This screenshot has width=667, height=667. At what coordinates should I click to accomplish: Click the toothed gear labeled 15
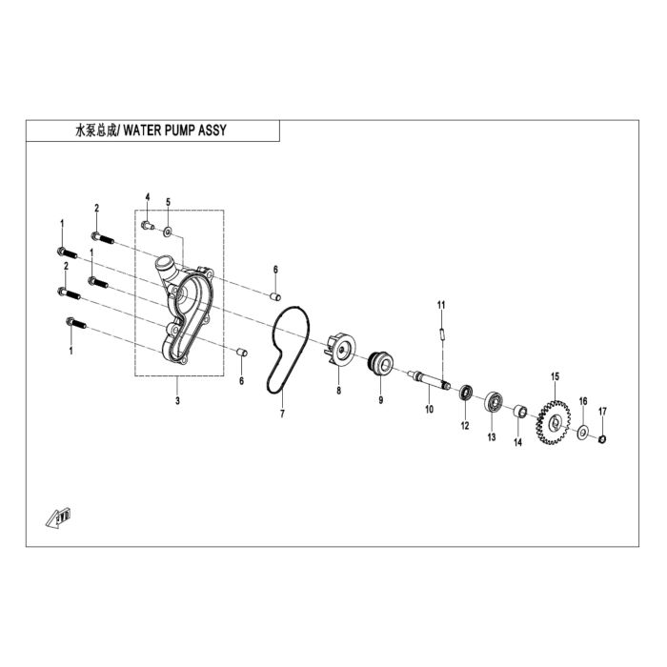(554, 422)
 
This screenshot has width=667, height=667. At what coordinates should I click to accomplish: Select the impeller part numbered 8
(341, 350)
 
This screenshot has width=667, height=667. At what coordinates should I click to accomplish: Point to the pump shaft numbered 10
(429, 379)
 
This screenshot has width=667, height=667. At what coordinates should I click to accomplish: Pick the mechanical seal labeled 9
(380, 364)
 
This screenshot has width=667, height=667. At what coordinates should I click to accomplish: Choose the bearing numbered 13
(493, 401)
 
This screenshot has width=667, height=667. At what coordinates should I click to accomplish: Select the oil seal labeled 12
(466, 393)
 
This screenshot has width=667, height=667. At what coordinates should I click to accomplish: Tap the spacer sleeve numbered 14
(520, 412)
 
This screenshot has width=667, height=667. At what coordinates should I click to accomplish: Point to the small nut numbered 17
(601, 438)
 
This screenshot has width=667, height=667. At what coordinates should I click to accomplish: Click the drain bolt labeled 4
(147, 225)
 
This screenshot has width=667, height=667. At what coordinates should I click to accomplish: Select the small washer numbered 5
(168, 232)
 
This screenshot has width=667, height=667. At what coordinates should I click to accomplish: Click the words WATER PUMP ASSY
(174, 131)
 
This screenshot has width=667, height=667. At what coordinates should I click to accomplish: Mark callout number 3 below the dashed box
(177, 400)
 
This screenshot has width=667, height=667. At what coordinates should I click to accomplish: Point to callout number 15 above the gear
(555, 376)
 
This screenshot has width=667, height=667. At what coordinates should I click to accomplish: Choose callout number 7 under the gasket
(282, 414)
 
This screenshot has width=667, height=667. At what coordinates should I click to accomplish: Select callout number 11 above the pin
(441, 305)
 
